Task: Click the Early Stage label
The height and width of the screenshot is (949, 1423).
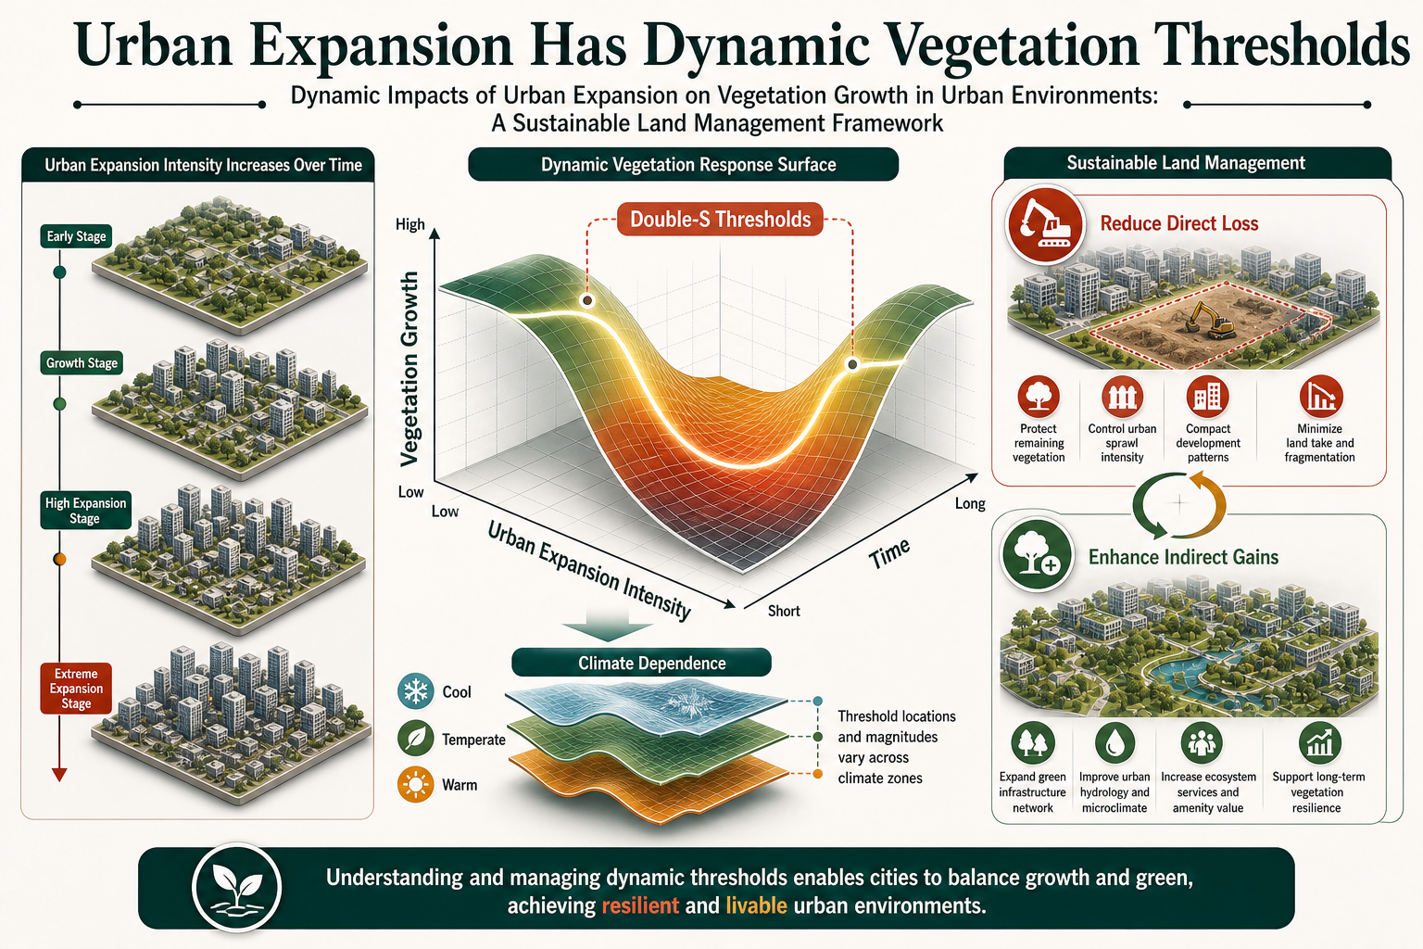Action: point(76,236)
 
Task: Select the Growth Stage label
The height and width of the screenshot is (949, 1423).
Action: point(82,363)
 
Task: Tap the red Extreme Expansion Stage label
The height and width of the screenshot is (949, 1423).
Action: point(76,689)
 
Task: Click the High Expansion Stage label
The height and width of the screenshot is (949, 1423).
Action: point(85,511)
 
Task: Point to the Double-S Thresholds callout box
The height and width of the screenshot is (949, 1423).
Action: point(720,220)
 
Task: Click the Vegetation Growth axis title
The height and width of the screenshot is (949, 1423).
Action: point(409,369)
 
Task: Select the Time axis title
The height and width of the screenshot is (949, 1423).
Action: point(889,553)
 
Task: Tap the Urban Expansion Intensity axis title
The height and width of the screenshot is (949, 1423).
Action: point(589,571)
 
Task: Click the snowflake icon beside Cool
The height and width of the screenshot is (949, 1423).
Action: point(415,691)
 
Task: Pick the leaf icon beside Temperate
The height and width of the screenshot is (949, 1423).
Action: point(415,739)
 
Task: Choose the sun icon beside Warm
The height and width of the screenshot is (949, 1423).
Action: point(415,784)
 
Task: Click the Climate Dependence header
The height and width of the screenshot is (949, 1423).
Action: point(642,663)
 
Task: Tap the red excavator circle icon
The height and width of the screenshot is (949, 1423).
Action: point(1043,225)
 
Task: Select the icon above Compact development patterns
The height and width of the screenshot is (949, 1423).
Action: point(1207,397)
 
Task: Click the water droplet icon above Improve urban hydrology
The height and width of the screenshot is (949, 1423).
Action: point(1114,743)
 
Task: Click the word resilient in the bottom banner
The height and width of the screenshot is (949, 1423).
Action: point(640,905)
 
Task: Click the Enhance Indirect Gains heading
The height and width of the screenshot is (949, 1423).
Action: point(1183,557)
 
